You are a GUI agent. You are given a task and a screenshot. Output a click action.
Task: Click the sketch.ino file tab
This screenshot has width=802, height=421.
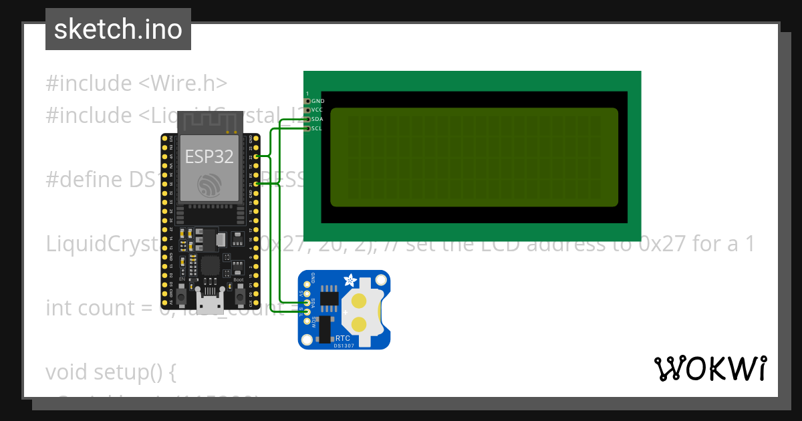tap(118, 29)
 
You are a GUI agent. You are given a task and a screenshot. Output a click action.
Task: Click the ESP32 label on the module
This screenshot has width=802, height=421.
tap(209, 156)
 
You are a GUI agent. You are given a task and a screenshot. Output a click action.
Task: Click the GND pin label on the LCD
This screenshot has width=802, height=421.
tap(317, 101)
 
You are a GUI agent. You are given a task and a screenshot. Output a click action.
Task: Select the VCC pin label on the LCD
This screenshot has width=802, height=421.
tap(317, 110)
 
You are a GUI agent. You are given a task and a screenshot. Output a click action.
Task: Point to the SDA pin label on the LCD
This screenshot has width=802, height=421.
tap(317, 119)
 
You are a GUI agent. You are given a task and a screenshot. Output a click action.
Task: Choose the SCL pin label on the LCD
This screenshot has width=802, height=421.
tap(317, 128)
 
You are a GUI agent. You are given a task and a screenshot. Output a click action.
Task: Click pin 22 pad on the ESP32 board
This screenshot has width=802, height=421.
tap(257, 156)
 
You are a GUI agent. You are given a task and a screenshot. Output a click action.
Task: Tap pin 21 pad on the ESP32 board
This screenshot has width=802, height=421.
tap(257, 183)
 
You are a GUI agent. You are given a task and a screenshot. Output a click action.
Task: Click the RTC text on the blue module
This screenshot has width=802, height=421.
tap(342, 339)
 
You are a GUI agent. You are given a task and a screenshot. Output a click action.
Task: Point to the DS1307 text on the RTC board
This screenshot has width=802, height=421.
tap(344, 345)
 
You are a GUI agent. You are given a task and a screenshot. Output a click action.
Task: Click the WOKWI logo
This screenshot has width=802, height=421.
tap(710, 368)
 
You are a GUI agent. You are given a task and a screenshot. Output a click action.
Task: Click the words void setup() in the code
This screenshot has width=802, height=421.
tap(110, 372)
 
